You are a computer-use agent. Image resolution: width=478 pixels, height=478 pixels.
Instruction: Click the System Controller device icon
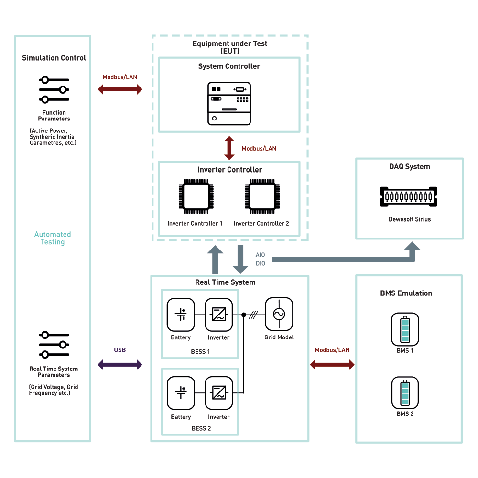click(x=229, y=104)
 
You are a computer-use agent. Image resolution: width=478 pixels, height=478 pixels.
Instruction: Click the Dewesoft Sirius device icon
click(x=409, y=196)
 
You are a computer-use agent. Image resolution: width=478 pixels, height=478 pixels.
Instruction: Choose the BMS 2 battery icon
click(x=405, y=392)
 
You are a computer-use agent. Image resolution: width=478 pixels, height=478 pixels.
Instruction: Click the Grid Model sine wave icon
click(x=279, y=314)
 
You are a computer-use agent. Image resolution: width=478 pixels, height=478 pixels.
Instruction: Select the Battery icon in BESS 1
click(x=181, y=315)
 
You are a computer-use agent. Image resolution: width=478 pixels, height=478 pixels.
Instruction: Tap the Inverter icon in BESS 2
click(x=219, y=394)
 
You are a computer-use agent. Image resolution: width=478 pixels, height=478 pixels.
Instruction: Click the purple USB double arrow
click(x=120, y=365)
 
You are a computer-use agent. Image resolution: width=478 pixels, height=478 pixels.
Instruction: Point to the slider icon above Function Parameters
click(x=54, y=90)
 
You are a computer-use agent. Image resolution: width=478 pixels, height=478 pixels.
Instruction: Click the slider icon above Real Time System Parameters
click(x=54, y=345)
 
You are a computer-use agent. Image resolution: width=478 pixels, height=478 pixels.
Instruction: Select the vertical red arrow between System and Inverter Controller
click(x=229, y=148)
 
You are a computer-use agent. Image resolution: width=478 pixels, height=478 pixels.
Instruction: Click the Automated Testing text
click(x=53, y=238)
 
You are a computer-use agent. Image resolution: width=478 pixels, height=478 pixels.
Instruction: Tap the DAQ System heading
click(x=409, y=167)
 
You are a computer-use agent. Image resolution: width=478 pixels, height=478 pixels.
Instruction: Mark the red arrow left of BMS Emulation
click(x=332, y=365)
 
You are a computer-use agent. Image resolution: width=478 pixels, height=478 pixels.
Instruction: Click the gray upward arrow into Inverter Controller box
click(x=216, y=260)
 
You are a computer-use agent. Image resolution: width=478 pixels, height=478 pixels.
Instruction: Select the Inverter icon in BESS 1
click(x=219, y=315)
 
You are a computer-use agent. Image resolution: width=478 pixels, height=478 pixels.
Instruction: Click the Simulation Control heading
click(x=54, y=58)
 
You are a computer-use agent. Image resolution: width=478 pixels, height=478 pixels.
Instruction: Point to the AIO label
click(x=260, y=255)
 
